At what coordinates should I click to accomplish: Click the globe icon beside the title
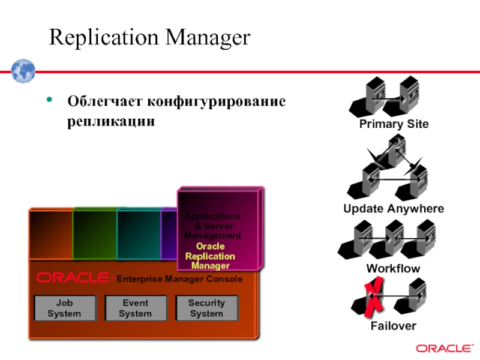pos(23,71)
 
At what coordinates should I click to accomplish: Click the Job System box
pos(64,308)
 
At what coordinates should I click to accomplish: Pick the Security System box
pos(206,308)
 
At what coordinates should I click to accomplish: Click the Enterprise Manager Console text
pos(179,279)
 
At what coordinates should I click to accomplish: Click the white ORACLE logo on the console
pos(73,278)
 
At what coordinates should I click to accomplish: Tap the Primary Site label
pos(394,124)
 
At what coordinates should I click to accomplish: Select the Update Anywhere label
pos(394,209)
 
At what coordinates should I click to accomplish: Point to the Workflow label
pos(394,268)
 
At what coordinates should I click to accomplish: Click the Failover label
pos(394,326)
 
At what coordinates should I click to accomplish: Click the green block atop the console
pos(94,235)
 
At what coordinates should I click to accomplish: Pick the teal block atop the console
pos(139,235)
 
